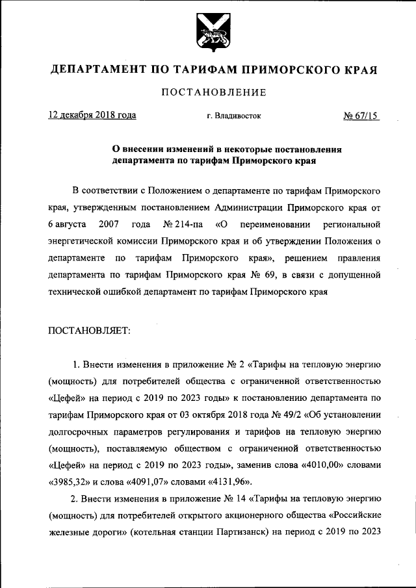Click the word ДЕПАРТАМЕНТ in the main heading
101,70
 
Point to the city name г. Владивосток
234,116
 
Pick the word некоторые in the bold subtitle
229,149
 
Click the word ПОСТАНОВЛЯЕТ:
90,331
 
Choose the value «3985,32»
70,481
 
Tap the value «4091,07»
151,481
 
